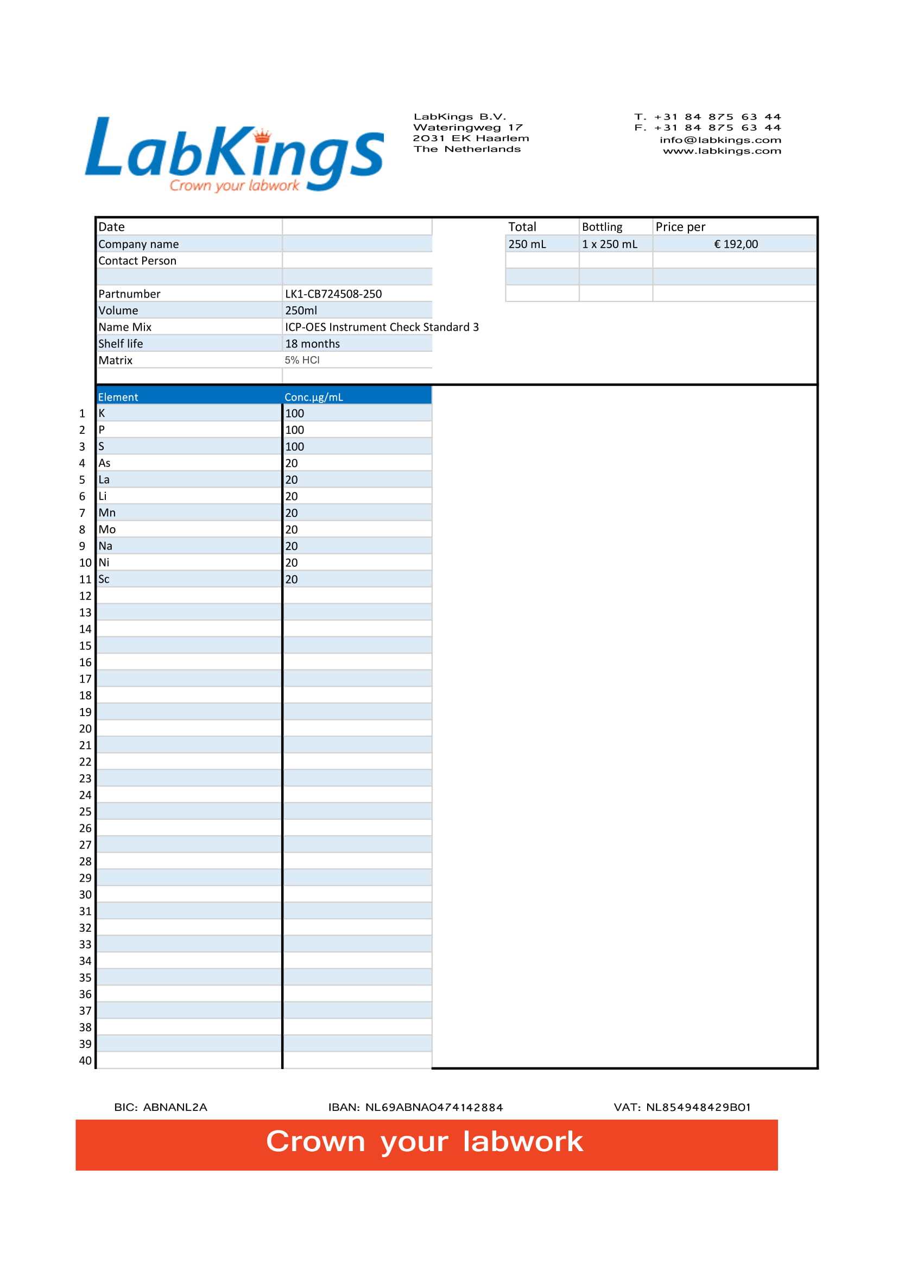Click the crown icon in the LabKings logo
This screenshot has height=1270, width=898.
point(262,135)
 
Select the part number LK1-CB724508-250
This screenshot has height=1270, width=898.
point(333,294)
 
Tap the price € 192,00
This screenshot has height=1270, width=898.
point(736,244)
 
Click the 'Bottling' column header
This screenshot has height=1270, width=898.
point(602,227)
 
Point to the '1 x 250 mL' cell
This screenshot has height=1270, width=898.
point(609,244)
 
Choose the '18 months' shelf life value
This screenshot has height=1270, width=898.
point(312,344)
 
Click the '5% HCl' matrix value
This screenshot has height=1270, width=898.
point(302,360)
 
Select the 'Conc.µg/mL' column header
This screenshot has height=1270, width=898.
point(313,397)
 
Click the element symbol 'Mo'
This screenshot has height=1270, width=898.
point(107,529)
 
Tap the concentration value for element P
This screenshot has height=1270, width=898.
point(294,430)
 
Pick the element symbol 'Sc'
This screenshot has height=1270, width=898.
point(104,579)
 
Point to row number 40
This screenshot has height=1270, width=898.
point(85,1060)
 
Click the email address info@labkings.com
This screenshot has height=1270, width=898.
point(720,140)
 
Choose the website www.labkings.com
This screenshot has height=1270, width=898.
point(722,151)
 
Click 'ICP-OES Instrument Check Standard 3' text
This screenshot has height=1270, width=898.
point(382,327)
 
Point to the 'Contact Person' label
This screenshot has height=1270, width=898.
point(137,261)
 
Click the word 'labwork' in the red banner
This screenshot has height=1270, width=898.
point(522,1142)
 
